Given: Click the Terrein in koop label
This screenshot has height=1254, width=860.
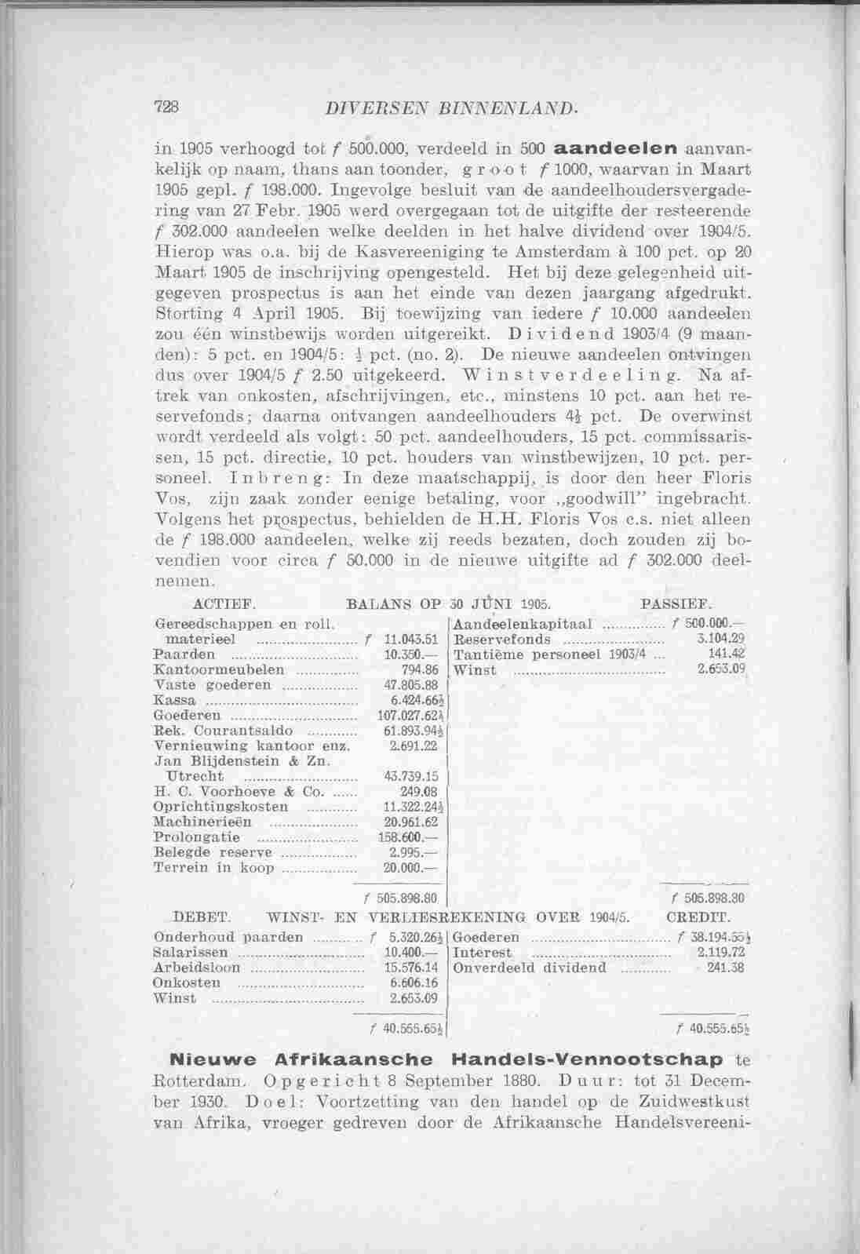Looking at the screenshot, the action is (x=213, y=868).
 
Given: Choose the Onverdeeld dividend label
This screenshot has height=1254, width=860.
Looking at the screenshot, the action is (x=530, y=967).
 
